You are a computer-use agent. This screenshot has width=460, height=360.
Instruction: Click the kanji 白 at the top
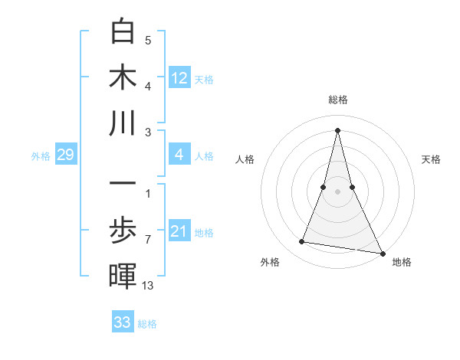[x=123, y=32]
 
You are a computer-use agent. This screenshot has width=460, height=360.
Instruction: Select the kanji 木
[x=123, y=77]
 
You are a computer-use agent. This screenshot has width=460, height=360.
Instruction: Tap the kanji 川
[x=123, y=122]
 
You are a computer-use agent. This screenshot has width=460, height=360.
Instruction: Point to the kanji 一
[x=123, y=184]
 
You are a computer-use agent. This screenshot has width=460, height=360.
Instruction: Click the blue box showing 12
[x=179, y=77]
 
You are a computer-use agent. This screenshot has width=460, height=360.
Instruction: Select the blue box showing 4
[x=179, y=155]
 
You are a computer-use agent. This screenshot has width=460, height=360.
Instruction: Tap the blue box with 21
[x=179, y=231]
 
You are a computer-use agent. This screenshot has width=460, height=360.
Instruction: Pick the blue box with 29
[x=65, y=155]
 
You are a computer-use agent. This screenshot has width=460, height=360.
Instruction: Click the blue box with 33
[x=123, y=322]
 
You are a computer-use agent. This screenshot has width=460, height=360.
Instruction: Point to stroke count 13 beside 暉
[x=148, y=286]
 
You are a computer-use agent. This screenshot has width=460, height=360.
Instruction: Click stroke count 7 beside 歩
[x=147, y=239]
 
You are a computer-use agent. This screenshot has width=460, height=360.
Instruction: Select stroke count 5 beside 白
[x=147, y=41]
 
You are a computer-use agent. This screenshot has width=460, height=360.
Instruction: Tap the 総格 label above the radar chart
[x=337, y=100]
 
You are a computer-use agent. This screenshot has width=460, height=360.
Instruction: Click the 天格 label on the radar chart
[x=431, y=159]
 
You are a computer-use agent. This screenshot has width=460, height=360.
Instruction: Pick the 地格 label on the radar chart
[x=402, y=262]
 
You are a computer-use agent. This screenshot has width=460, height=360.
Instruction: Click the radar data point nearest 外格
[x=302, y=242]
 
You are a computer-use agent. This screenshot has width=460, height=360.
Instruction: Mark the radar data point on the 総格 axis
[x=337, y=129]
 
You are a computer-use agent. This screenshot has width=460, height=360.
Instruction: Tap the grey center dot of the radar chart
[x=337, y=191]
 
